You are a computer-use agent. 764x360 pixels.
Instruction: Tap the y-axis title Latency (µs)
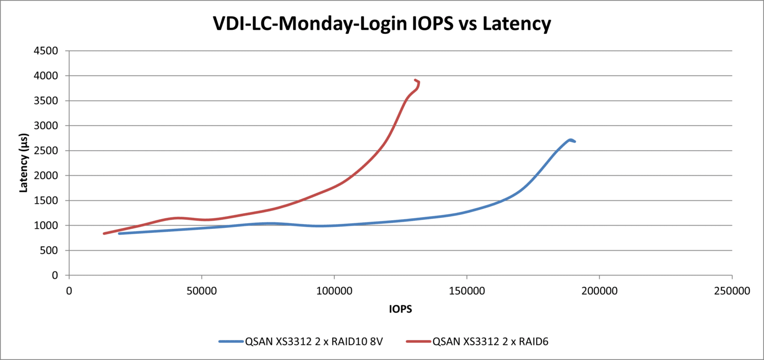[x=23, y=163]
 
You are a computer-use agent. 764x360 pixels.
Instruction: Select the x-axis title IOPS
[x=400, y=309]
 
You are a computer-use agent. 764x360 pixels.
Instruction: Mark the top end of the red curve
[x=415, y=80]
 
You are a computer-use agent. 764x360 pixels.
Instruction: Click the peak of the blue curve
[x=570, y=140]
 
